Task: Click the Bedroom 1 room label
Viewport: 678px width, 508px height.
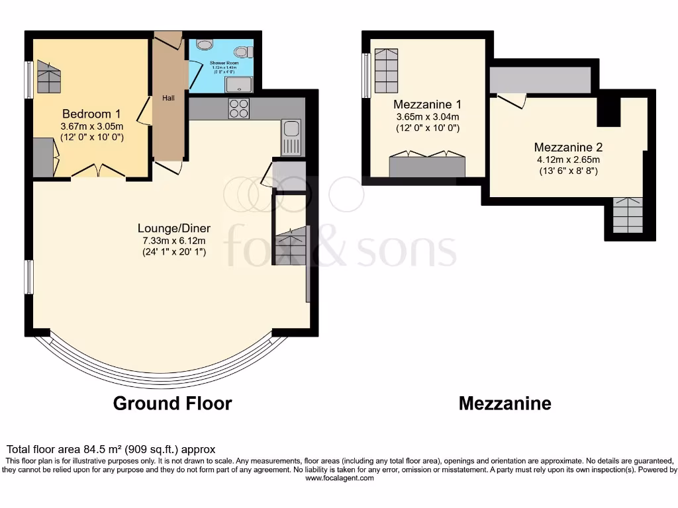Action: [92, 113]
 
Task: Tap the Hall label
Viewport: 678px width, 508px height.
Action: [168, 99]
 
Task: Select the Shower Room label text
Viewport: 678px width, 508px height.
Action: [224, 63]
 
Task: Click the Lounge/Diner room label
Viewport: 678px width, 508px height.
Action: [173, 228]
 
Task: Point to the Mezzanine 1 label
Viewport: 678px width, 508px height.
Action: [427, 105]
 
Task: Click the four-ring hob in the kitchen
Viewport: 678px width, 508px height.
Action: [238, 108]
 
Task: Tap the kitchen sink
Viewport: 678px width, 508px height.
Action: [291, 137]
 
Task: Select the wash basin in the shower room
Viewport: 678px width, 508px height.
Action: [205, 44]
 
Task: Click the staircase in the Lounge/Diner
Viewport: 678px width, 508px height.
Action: [291, 245]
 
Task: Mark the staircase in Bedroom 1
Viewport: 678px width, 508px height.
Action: [48, 77]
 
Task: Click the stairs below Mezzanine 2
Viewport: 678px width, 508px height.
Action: [627, 216]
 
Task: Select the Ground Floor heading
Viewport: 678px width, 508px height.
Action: [172, 403]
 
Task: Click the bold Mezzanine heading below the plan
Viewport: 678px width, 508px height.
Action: [505, 403]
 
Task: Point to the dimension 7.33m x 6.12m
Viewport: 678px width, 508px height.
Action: [173, 240]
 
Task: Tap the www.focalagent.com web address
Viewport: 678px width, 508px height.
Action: [338, 478]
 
